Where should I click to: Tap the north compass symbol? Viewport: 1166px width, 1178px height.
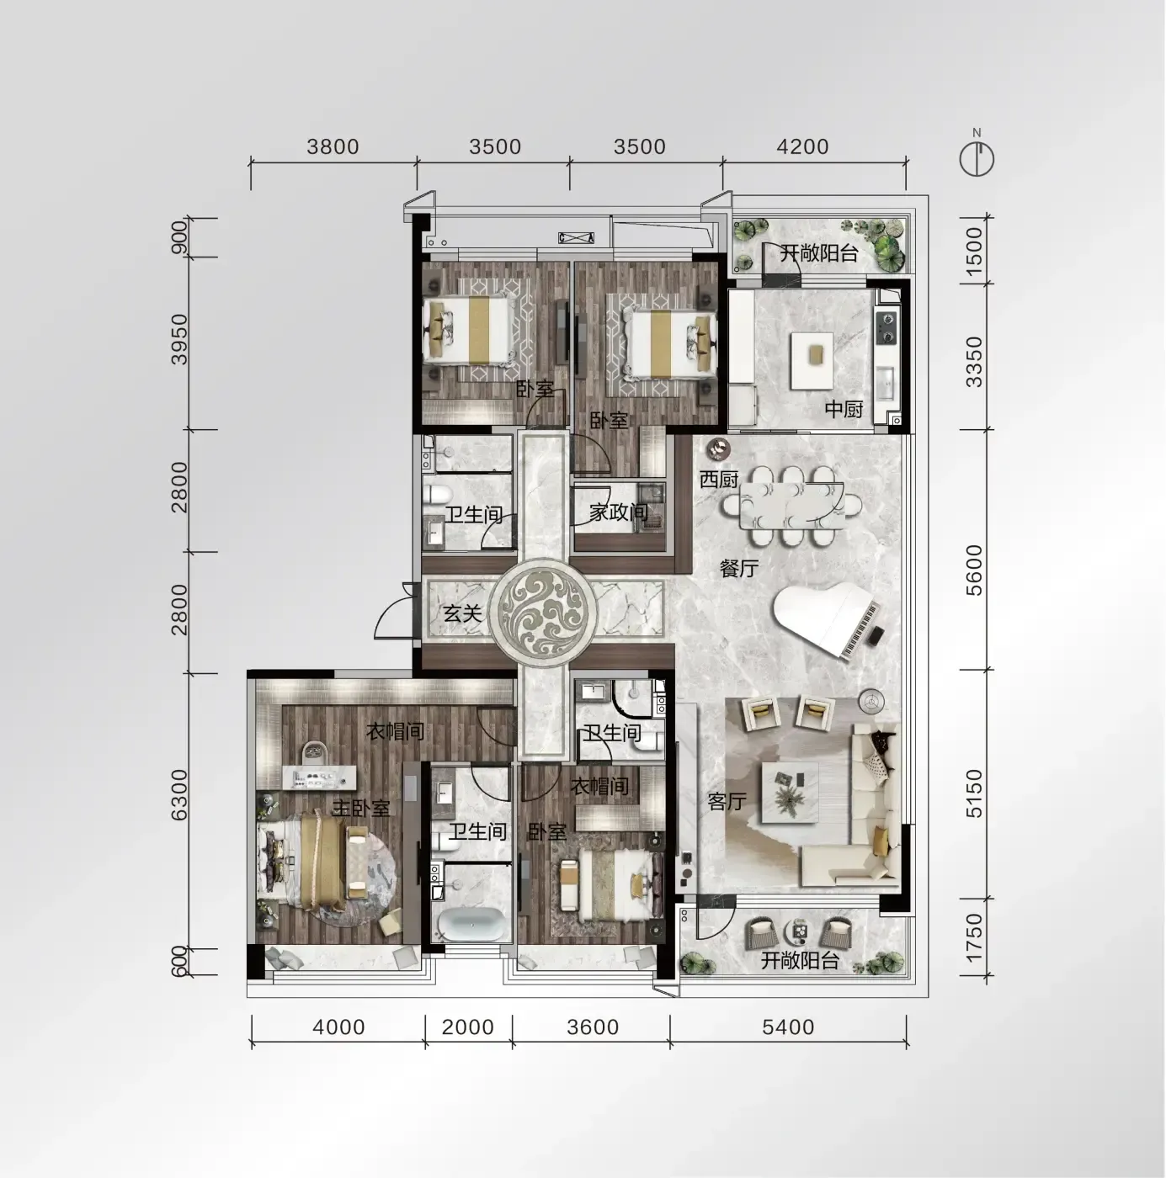[977, 157]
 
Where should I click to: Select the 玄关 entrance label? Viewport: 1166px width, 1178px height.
[462, 613]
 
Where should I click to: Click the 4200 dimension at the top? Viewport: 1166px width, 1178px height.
[802, 146]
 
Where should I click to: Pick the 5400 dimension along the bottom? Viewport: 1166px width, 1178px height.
[788, 1027]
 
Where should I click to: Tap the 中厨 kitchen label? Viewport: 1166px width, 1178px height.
[844, 409]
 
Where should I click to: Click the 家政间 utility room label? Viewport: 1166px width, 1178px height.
[619, 512]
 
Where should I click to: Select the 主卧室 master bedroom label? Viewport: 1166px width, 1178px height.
[361, 809]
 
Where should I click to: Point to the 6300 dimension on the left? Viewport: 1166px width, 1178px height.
[179, 794]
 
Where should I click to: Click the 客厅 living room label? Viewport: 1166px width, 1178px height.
[727, 801]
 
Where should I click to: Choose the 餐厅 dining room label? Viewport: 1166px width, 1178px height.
[740, 569]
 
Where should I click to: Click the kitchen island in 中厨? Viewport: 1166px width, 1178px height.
[812, 361]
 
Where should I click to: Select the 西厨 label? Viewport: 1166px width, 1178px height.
[720, 480]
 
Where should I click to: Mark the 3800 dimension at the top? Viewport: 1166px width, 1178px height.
[333, 146]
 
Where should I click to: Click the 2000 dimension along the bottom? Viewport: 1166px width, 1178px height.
[468, 1027]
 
